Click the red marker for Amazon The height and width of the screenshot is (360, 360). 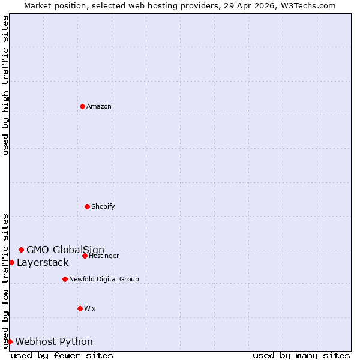tap(82, 106)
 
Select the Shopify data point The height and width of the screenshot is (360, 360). tap(87, 206)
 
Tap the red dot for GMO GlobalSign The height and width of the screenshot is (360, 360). tap(21, 250)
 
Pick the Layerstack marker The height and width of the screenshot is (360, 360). tap(11, 262)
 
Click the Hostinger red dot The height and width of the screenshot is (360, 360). tap(85, 256)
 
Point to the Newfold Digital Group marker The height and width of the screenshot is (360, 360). tap(65, 279)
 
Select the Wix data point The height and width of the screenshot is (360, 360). tap(80, 308)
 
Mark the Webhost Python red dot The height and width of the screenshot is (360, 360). tap(10, 341)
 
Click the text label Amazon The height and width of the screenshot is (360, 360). tap(99, 106)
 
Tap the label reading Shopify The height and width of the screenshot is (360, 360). tap(103, 206)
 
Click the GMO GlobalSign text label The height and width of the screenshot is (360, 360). tap(65, 250)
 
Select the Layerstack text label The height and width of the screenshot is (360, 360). tap(43, 262)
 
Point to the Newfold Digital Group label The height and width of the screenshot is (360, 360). tap(104, 279)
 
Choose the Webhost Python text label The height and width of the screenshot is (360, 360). tap(54, 341)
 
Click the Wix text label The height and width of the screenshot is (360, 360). tap(90, 308)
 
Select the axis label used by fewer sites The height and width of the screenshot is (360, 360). tap(62, 355)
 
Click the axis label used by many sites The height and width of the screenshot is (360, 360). tap(301, 355)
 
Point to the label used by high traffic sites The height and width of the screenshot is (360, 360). tap(5, 85)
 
